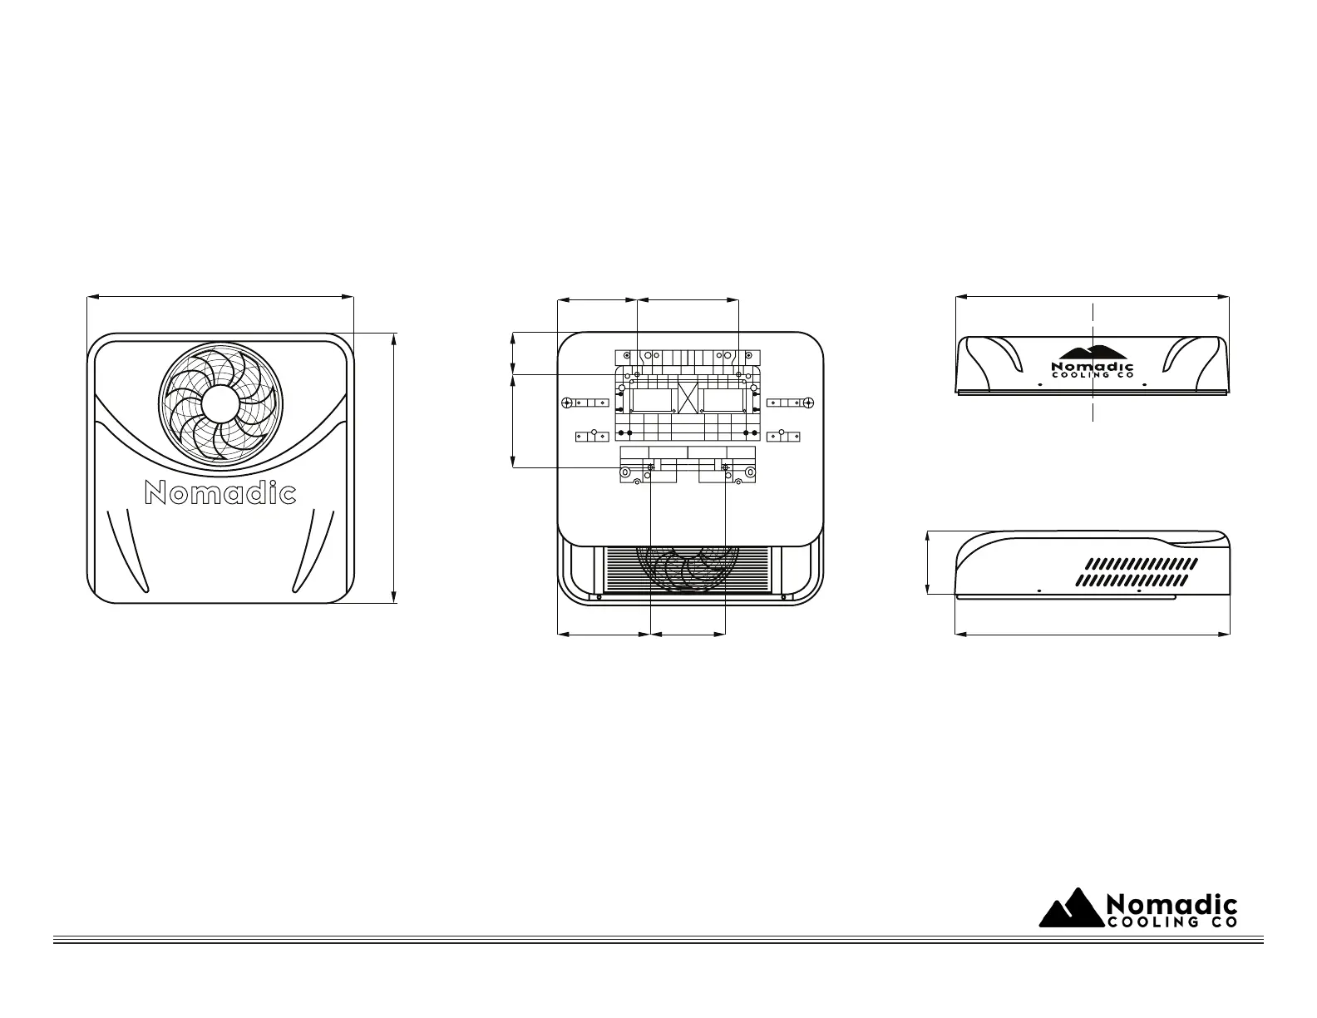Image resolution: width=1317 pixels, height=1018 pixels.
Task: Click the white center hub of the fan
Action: [220, 404]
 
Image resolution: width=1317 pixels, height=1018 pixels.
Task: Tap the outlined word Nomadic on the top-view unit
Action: [220, 493]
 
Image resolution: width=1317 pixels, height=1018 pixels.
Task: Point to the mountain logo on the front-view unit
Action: [1093, 352]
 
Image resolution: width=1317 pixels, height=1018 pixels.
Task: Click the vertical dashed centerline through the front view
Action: [1092, 408]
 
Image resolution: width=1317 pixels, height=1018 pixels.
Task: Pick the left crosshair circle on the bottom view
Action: [566, 403]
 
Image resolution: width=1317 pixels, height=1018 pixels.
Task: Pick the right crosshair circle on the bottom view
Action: [807, 403]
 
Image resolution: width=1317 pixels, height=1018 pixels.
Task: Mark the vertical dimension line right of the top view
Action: [393, 467]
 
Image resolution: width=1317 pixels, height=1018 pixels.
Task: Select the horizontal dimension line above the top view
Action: [220, 295]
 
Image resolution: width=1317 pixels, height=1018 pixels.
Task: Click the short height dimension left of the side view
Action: [928, 562]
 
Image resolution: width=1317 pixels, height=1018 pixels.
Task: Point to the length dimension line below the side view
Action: [1093, 635]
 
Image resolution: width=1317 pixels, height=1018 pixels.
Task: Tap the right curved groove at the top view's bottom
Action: [312, 549]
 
